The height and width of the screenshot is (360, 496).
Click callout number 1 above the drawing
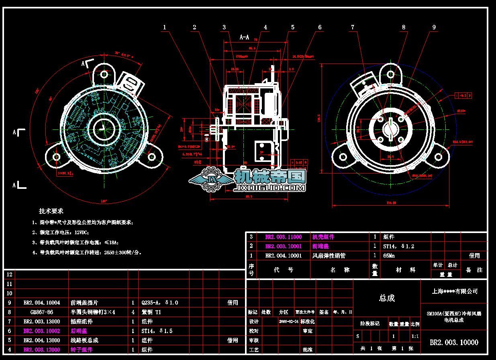tap(164, 27)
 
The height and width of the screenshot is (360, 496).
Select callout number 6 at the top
tap(320, 27)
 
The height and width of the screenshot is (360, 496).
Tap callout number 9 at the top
tap(434, 27)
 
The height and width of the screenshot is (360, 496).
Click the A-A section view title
tap(244, 37)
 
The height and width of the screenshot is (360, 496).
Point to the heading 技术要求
tap(51, 211)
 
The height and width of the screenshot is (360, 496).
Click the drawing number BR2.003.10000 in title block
tap(454, 342)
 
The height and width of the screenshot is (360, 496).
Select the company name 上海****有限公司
tap(455, 291)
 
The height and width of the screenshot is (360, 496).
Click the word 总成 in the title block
tap(387, 298)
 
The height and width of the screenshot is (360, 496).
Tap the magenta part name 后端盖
tap(79, 331)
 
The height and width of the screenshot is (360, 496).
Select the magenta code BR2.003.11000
tap(283, 237)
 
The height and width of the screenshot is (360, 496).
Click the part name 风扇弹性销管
tap(329, 256)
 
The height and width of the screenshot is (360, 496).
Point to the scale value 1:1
tap(415, 336)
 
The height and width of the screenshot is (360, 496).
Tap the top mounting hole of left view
tap(104, 74)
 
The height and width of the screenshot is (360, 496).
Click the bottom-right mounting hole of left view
tap(152, 157)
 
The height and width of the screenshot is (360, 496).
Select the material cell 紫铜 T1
tap(151, 312)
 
